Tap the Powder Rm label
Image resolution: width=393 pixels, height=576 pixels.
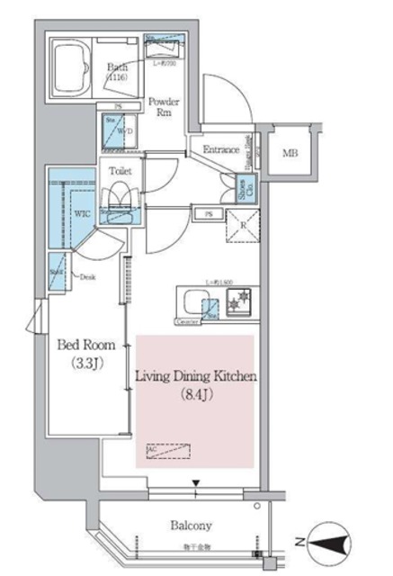click(163, 108)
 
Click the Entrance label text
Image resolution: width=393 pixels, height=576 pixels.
click(221, 150)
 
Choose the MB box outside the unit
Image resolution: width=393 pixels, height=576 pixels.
click(289, 152)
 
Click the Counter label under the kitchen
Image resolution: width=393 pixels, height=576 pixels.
click(186, 320)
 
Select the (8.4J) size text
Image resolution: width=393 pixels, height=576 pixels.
click(195, 392)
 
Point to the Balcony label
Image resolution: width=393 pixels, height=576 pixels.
click(189, 525)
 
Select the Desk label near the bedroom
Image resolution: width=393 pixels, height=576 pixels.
click(87, 278)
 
